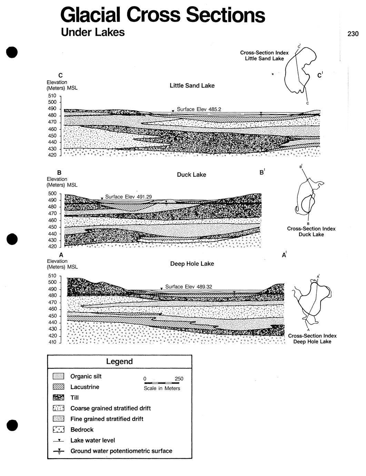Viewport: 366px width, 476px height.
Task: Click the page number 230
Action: (x=353, y=34)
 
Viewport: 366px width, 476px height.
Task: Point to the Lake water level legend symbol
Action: (x=59, y=440)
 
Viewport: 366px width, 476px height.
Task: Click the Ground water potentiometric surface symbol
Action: (x=59, y=451)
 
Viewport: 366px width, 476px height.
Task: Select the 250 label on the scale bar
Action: (x=179, y=379)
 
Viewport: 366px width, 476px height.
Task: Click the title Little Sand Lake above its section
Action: (x=192, y=86)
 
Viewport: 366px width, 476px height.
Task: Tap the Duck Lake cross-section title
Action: (x=191, y=175)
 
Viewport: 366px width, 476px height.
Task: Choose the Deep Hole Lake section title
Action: (x=192, y=264)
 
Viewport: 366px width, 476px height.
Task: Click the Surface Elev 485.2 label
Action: (x=199, y=109)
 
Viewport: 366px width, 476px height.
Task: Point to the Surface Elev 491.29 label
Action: (x=128, y=197)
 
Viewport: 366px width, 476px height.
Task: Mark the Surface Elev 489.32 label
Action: (x=188, y=287)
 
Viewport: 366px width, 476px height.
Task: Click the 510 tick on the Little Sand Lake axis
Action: (x=52, y=96)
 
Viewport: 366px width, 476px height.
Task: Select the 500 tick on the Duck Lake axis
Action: (x=52, y=194)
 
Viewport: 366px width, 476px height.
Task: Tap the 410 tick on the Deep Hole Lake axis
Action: (x=52, y=342)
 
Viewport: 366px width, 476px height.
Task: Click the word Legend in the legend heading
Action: (x=119, y=361)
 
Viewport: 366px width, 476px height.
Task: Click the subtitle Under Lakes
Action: (x=92, y=32)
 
